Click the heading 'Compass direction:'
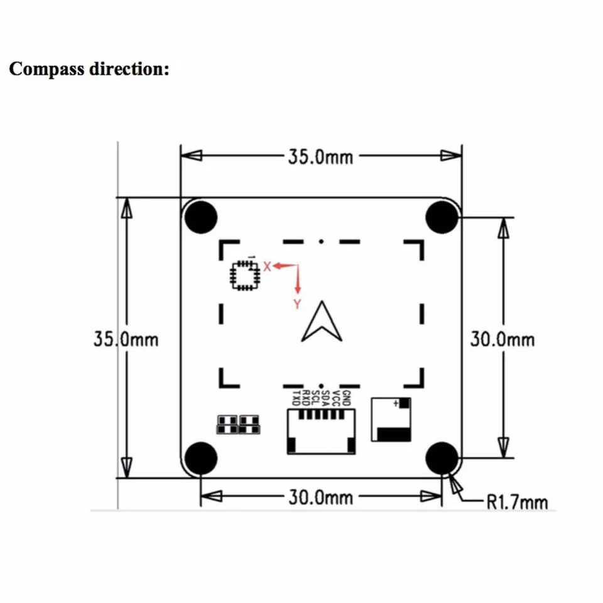tap(89, 68)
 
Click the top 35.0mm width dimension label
tap(320, 156)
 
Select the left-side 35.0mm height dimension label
tap(126, 340)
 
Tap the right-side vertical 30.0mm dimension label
tap(503, 339)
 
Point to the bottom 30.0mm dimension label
tap(320, 497)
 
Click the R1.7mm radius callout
tap(517, 502)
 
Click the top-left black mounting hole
tap(201, 217)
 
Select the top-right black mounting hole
tap(443, 217)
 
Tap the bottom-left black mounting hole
tap(201, 458)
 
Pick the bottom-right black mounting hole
tap(443, 458)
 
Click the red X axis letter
tap(267, 266)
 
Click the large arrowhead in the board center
tap(321, 322)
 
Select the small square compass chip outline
tap(245, 275)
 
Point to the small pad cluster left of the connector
tap(237, 425)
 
